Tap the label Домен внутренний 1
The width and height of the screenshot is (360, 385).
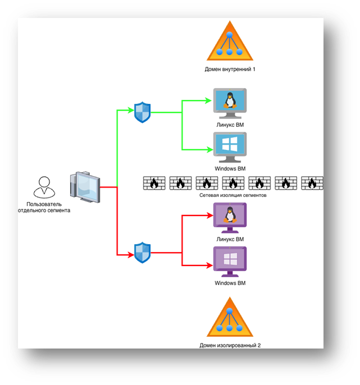pyautogui.click(x=230, y=70)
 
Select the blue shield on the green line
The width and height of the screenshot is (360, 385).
pyautogui.click(x=143, y=112)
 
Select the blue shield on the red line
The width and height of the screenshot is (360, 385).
pyautogui.click(x=143, y=253)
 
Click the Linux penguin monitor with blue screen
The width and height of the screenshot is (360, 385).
pyautogui.click(x=230, y=103)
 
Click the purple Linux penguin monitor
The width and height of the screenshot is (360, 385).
pyautogui.click(x=230, y=218)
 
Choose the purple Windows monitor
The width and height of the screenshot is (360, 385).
pyautogui.click(x=230, y=262)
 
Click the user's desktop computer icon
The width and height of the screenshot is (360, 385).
pyautogui.click(x=84, y=187)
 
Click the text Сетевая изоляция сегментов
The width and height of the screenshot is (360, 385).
pyautogui.click(x=233, y=196)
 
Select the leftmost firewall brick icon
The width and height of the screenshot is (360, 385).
pyautogui.click(x=153, y=184)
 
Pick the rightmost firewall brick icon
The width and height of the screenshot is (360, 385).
pyautogui.click(x=312, y=184)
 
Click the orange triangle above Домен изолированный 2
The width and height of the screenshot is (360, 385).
pyautogui.click(x=230, y=318)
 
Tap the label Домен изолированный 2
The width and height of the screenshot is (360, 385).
pyautogui.click(x=230, y=345)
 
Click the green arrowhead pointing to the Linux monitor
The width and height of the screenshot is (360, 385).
pyautogui.click(x=208, y=101)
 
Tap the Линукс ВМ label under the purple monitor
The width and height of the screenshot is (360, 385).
pyautogui.click(x=230, y=240)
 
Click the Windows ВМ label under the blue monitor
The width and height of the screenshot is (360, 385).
pyautogui.click(x=230, y=168)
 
